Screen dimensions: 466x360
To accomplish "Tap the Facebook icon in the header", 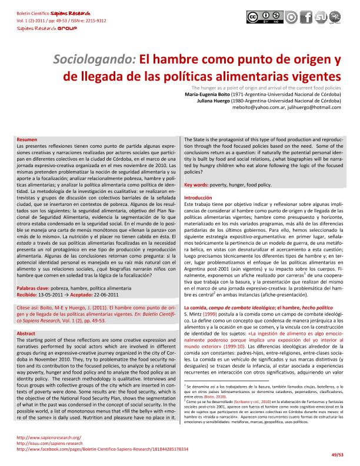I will [x=304, y=18].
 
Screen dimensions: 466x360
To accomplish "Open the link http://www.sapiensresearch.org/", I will [x=49, y=438].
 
